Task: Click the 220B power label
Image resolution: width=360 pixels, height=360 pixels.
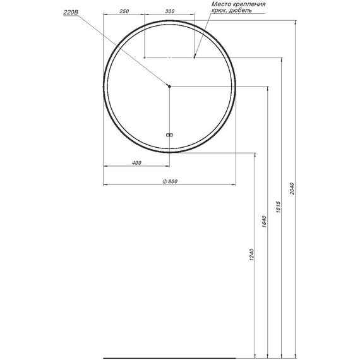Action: pyautogui.click(x=71, y=13)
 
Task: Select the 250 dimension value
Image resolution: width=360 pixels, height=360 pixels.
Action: pyautogui.click(x=124, y=11)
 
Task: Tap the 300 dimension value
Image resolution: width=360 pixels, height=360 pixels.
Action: pyautogui.click(x=170, y=11)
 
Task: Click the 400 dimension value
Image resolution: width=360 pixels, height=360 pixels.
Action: pyautogui.click(x=136, y=163)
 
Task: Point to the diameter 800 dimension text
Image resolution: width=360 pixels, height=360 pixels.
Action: pyautogui.click(x=170, y=181)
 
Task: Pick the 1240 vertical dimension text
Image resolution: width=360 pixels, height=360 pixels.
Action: pyautogui.click(x=251, y=255)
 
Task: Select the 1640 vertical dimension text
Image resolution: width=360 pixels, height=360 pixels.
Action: pyautogui.click(x=264, y=222)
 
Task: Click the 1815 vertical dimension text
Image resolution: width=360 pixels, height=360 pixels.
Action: pyautogui.click(x=279, y=207)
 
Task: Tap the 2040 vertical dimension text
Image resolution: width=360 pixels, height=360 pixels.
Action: pyautogui.click(x=292, y=189)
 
